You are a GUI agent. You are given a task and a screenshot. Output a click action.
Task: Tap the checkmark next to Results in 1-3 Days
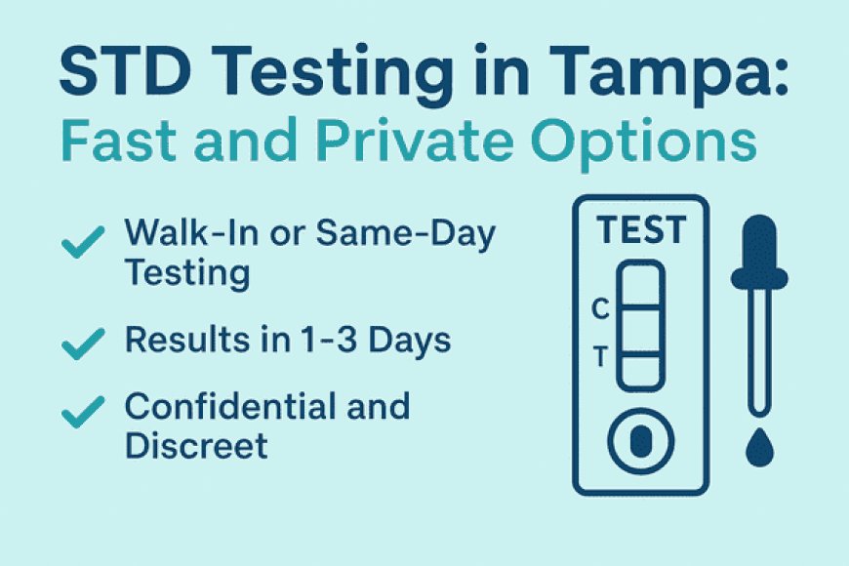82,343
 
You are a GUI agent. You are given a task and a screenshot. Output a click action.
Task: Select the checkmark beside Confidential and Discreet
82,412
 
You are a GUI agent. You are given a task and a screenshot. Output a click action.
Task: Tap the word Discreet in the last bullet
195,446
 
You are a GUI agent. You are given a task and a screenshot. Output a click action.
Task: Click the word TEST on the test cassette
641,231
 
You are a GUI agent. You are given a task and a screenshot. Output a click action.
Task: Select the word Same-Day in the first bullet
425,234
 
